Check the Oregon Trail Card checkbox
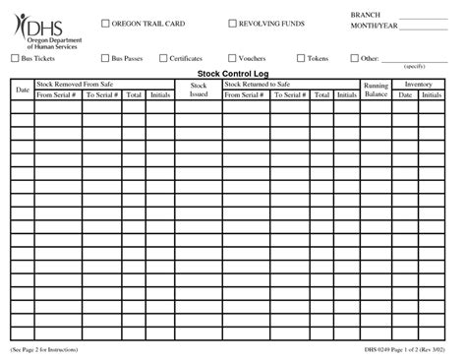coord(107,24)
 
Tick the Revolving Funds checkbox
coord(233,24)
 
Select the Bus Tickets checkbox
coord(15,59)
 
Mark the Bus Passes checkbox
coord(105,59)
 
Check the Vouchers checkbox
coord(233,59)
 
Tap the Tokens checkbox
coord(300,59)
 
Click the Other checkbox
coord(356,59)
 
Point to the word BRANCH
coord(365,17)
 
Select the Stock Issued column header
coord(198,90)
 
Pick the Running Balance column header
coord(376,90)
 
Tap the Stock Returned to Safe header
coord(257,86)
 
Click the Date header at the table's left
coord(22,90)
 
